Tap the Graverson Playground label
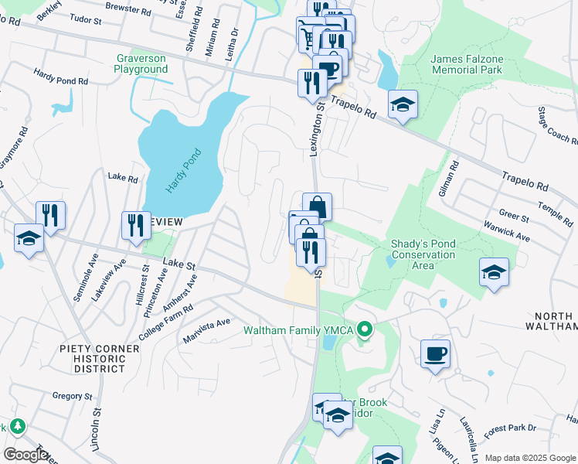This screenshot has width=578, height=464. coord(141,63)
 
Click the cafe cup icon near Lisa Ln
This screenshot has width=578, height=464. coord(436,353)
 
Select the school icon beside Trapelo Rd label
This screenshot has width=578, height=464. coord(403,105)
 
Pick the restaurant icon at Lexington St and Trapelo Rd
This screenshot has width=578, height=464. coord(312,84)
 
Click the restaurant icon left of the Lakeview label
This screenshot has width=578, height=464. coord(136,226)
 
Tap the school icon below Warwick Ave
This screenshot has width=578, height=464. coord(494,273)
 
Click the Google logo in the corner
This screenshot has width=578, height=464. coord(25,455)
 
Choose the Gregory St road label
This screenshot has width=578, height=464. coord(72,396)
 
